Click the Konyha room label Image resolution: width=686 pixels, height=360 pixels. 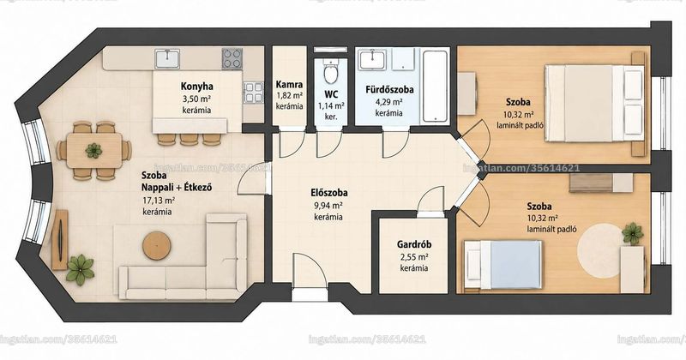tap(196, 87)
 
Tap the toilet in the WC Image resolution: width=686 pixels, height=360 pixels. tap(331, 72)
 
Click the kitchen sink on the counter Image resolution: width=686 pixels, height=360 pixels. tap(167, 58)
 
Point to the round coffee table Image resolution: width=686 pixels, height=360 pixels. tap(156, 245)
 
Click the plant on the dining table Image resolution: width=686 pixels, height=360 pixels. tap(93, 151)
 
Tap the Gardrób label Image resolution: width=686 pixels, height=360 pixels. tap(414, 244)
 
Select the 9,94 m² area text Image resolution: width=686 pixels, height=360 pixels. tap(328, 205)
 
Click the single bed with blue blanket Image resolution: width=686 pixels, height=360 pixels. tap(503, 265)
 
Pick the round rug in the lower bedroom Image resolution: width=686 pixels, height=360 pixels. tap(600, 248)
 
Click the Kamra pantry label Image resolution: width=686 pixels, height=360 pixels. tap(289, 84)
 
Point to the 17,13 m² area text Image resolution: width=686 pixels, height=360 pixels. tap(157, 201)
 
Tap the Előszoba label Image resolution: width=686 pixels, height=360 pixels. tap(329, 193)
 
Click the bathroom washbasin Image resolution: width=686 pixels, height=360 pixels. tap(372, 59)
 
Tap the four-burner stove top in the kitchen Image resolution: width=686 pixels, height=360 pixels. tap(232, 58)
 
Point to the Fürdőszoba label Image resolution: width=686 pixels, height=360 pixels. tap(389, 90)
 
